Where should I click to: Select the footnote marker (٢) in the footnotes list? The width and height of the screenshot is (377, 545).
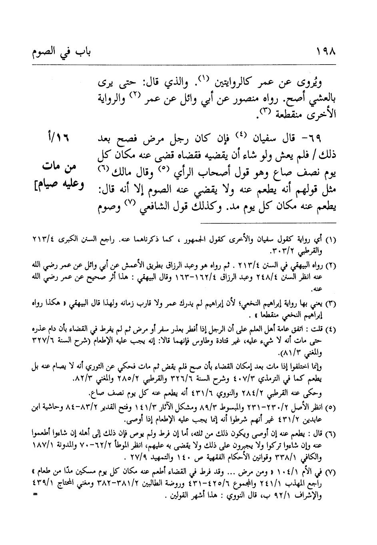[330, 265]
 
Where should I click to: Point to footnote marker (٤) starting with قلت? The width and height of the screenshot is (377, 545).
[330, 330]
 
